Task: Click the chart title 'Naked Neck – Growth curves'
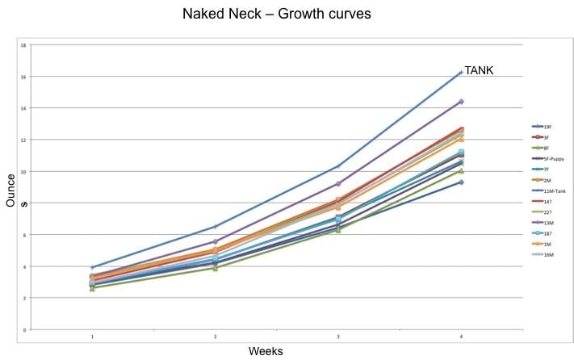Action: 287,14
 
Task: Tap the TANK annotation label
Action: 479,71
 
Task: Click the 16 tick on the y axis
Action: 24,77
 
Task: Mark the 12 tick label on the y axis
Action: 24,140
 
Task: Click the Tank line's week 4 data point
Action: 460,73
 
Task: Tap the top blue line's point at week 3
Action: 338,165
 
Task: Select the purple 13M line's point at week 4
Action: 460,102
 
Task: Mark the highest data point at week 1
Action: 92,267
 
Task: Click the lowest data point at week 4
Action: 460,182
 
